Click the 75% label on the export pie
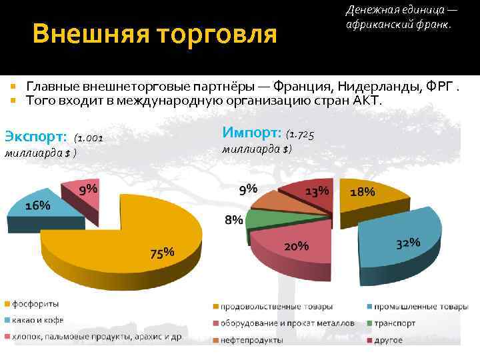point(162,253)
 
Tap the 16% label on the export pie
point(38,205)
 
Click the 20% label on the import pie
point(297,246)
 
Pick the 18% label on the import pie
point(363,191)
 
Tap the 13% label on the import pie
point(317,191)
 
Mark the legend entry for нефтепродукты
point(253,340)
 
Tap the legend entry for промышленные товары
point(419,307)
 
